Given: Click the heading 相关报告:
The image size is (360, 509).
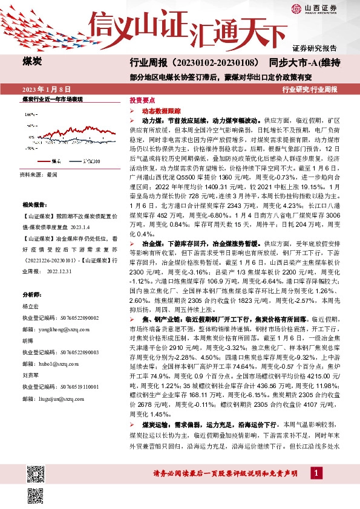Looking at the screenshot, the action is point(35,205).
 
